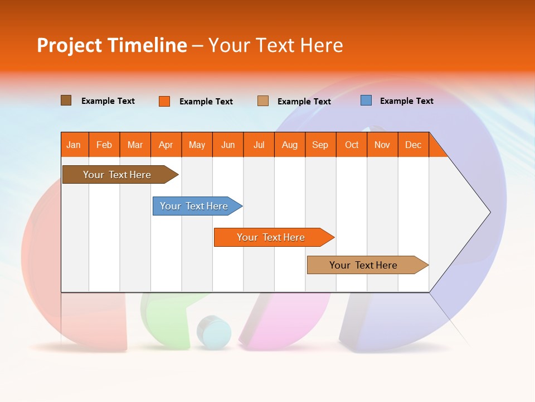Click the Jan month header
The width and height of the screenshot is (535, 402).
pos(74,145)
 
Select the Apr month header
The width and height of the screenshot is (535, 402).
pos(166,145)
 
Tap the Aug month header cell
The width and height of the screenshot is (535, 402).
pos(290,145)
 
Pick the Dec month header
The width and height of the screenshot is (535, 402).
pos(414,145)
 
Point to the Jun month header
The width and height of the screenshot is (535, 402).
pos(228,145)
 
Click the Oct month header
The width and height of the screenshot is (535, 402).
pos(352,145)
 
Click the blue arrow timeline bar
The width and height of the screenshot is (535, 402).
pos(195,206)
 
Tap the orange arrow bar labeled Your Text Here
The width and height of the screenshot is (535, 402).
pos(272,237)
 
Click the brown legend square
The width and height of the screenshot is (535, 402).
pos(66,100)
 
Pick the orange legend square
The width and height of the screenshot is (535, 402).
pos(164,101)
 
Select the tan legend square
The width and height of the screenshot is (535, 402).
pos(263,101)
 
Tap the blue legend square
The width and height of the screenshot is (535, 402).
pos(366,100)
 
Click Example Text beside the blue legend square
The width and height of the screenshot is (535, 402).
pos(406,101)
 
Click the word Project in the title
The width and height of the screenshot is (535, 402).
pos(69,46)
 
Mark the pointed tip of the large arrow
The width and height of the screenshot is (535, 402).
pos(489,212)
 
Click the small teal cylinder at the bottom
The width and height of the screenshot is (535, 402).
pos(214,333)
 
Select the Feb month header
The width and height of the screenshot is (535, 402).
pos(104,145)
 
